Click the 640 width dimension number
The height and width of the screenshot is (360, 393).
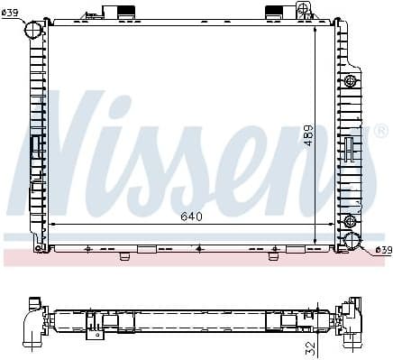[190, 216]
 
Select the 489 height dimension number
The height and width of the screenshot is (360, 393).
[307, 135]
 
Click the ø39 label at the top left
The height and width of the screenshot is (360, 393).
[14, 11]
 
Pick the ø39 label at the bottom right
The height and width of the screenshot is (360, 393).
[382, 250]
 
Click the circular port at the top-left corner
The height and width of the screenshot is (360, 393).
[33, 31]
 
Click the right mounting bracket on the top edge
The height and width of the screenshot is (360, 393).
[276, 13]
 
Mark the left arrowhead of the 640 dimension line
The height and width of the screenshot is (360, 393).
[51, 223]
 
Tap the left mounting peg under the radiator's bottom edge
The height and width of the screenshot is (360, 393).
[125, 254]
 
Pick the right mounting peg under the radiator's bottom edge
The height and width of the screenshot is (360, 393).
[271, 254]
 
